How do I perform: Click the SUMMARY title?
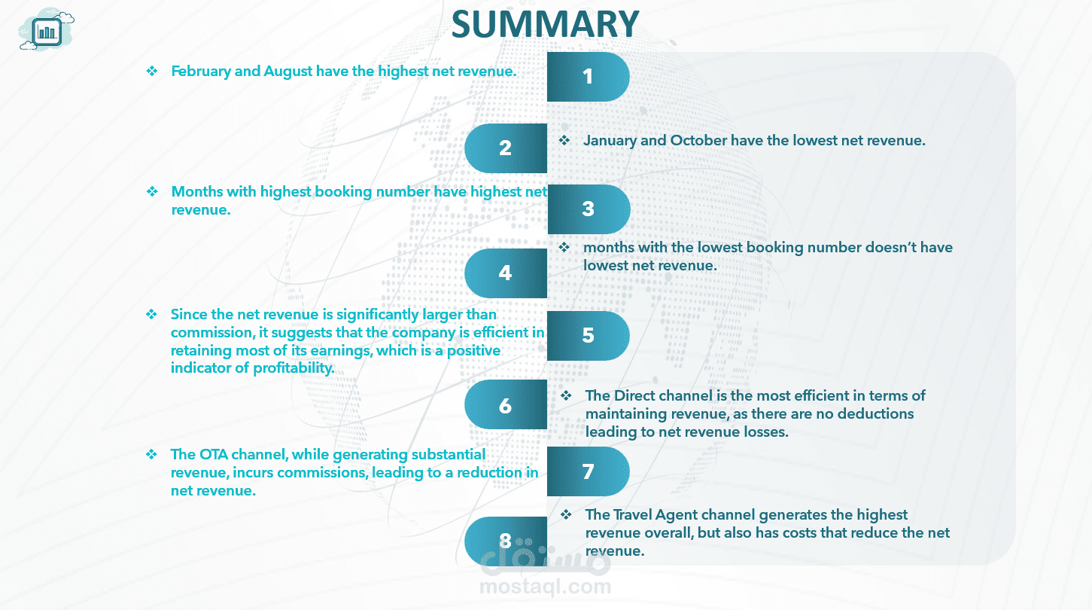coord(545,24)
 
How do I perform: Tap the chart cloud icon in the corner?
coord(47,32)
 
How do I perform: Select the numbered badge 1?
coord(588,77)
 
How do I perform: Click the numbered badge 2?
coord(505,148)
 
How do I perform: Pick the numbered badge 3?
coord(588,209)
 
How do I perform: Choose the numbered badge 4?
coord(505,273)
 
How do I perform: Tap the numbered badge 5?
coord(588,336)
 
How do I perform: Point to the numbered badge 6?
coord(505,406)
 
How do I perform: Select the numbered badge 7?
coord(588,472)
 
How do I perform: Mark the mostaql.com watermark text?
coord(545,586)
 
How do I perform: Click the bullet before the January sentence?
coord(564,141)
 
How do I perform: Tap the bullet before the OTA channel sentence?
coord(152,454)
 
